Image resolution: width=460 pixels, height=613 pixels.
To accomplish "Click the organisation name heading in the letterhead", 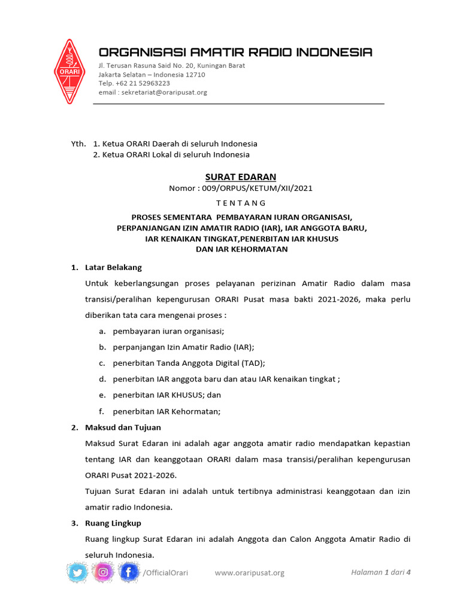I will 235,52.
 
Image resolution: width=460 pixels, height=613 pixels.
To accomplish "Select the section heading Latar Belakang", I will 113,268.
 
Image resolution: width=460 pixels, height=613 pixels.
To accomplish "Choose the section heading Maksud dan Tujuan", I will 123,427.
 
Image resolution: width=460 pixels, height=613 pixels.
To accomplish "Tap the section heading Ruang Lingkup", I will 113,523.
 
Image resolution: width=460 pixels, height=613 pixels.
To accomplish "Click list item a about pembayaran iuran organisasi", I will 168,331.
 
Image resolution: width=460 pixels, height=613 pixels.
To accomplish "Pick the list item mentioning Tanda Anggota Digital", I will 189,363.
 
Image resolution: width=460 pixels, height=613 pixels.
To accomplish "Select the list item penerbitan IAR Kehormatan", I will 167,411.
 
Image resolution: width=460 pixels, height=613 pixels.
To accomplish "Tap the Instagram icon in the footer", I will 104,572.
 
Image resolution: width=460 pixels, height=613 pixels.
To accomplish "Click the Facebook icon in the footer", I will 129,572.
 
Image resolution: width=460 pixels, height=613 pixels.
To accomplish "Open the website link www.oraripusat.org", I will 249,573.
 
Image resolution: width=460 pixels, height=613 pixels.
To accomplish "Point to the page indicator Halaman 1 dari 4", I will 380,572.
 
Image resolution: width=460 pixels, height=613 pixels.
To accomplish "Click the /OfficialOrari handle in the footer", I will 165,573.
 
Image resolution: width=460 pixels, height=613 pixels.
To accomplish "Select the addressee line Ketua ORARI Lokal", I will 171,154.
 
